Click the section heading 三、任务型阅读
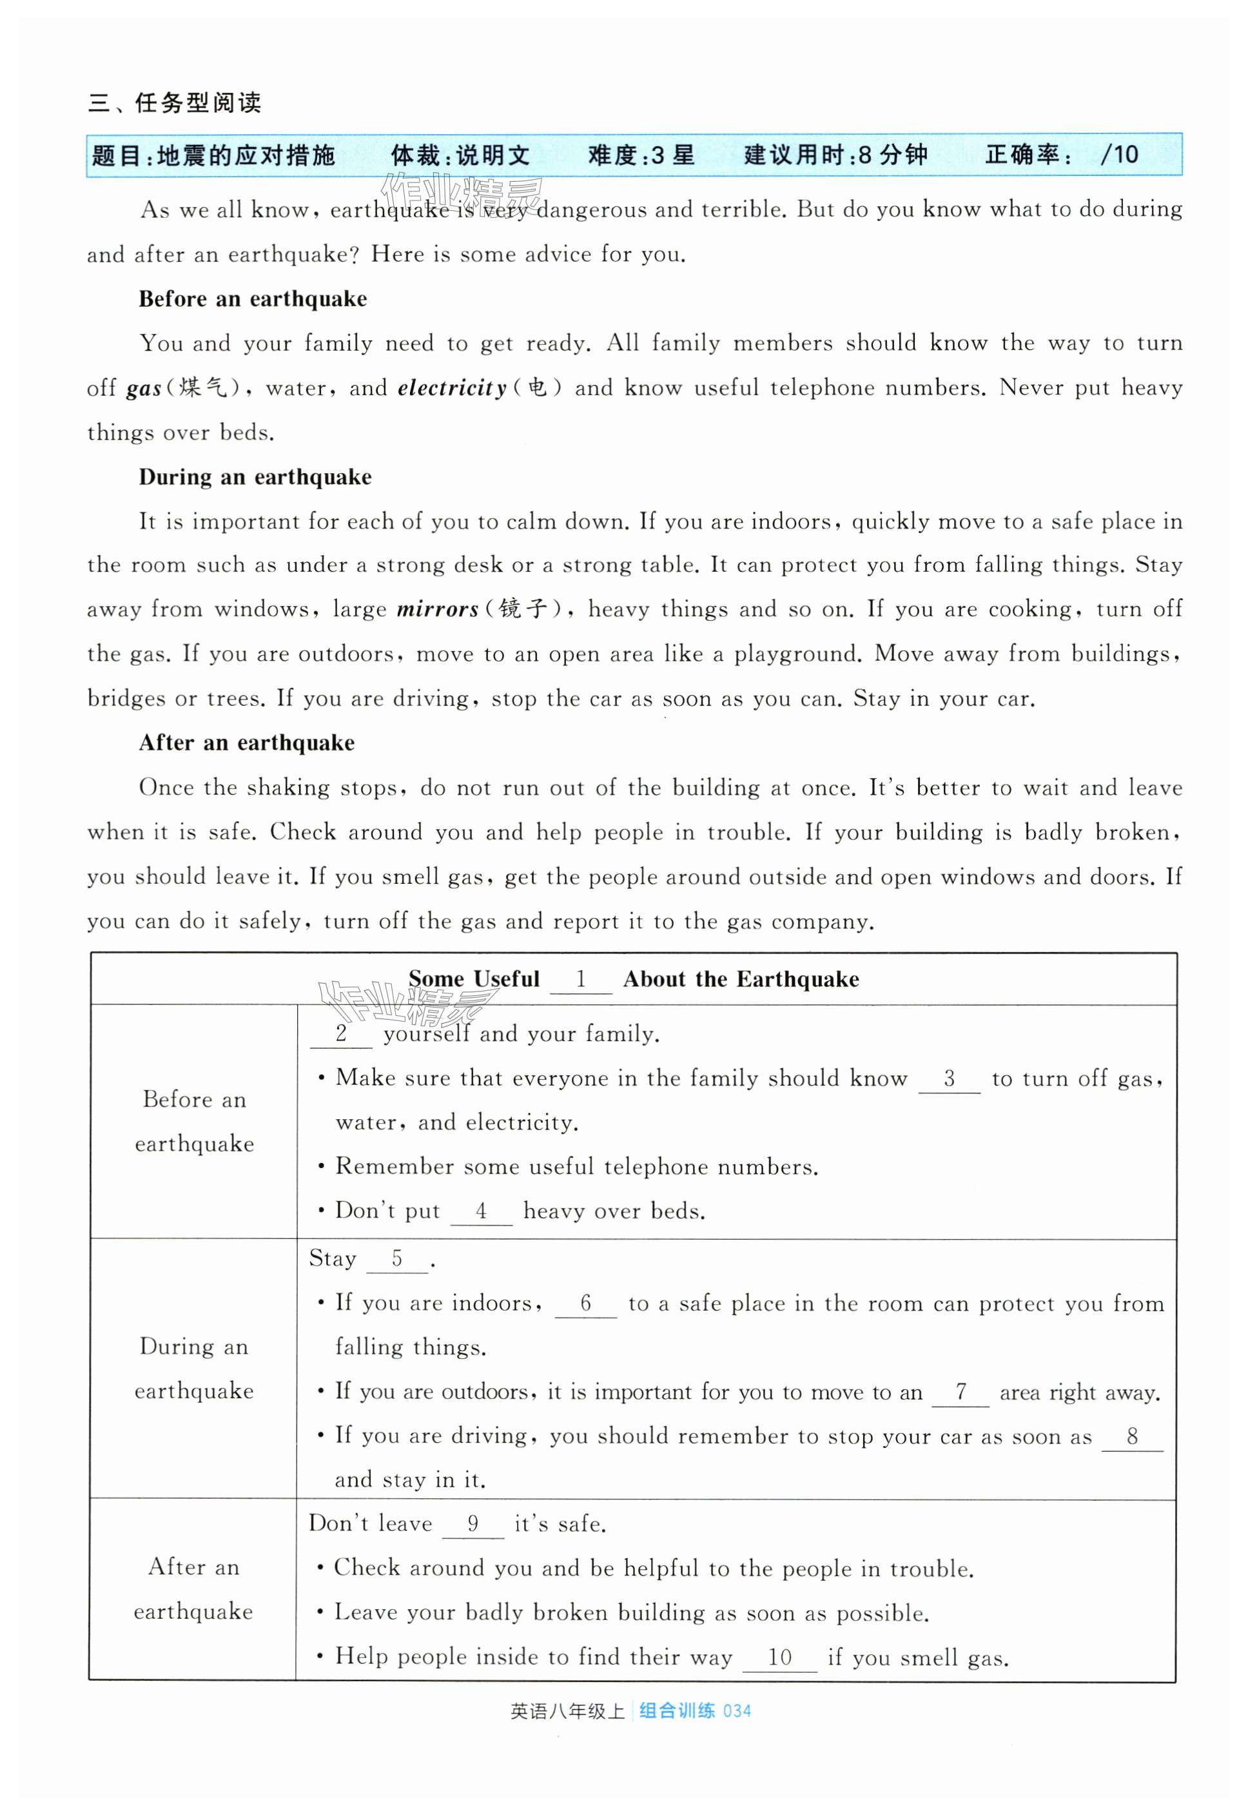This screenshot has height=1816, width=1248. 175,103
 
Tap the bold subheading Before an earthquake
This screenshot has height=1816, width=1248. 253,298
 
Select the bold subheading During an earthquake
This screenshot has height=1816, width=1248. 255,477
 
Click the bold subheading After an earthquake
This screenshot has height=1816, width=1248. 246,743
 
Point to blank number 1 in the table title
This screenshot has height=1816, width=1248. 580,981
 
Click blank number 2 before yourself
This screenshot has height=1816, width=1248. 341,1034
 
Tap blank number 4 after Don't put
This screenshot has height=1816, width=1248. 481,1212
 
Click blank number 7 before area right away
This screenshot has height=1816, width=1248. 960,1392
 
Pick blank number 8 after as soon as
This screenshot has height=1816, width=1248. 1131,1437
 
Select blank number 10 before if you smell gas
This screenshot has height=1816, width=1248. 779,1657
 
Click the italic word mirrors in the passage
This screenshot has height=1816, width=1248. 437,610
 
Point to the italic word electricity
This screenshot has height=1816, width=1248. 452,389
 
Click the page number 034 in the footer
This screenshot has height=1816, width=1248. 737,1712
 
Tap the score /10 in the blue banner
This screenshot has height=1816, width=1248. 1119,155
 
